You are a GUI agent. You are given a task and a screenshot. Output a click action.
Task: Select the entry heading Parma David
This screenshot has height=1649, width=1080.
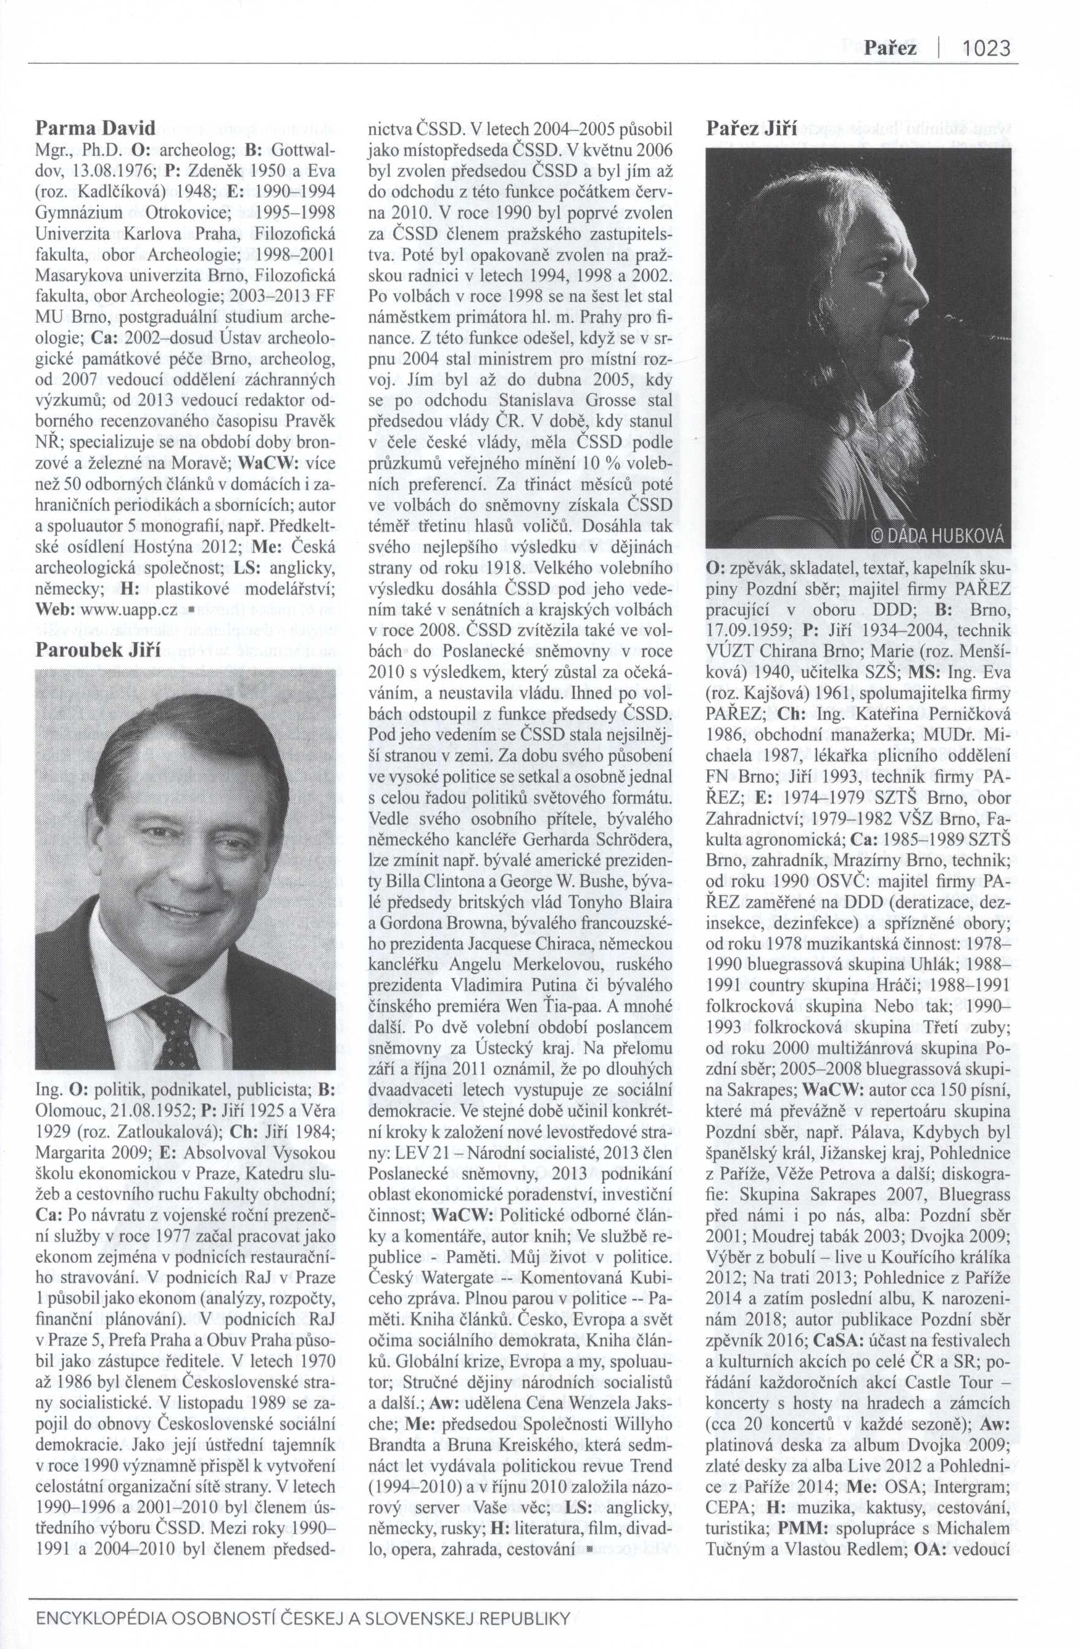coord(96,128)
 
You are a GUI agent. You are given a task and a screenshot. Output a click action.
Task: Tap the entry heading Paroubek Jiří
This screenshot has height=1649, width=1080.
coord(98,651)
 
